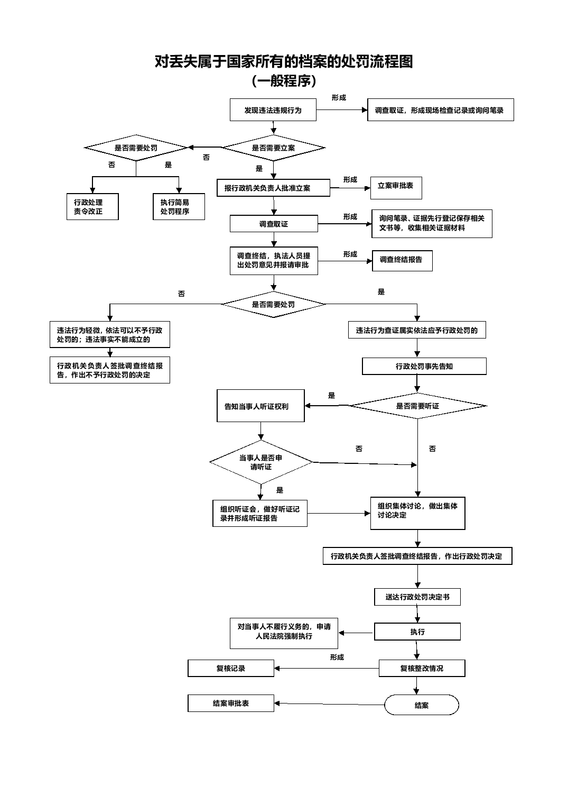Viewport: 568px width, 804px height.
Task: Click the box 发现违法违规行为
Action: (273, 110)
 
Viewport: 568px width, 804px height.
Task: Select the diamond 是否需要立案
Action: (273, 148)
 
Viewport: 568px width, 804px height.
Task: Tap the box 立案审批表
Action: (396, 188)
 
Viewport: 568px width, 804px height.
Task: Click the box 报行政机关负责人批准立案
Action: (273, 188)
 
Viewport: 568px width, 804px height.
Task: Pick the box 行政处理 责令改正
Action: (92, 206)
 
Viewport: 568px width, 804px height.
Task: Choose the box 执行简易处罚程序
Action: (179, 206)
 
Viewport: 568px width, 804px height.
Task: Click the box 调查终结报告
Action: (402, 261)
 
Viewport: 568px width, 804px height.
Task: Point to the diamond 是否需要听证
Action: (417, 406)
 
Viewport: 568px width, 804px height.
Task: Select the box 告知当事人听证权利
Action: (260, 406)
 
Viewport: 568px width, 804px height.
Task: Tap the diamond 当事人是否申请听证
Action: (260, 462)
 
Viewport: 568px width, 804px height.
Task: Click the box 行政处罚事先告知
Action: (424, 366)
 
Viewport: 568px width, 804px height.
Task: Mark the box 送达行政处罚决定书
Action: (417, 597)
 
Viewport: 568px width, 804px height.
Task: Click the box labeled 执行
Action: (417, 632)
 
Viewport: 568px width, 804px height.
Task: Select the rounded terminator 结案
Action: (421, 705)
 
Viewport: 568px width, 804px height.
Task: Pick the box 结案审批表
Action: (231, 703)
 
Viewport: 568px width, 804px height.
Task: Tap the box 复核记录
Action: (231, 668)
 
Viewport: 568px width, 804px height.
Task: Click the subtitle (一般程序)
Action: (284, 80)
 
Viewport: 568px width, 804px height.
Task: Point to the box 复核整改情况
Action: (422, 668)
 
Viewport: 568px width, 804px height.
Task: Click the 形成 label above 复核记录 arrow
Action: (337, 657)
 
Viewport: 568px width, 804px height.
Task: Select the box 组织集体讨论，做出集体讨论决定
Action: (418, 513)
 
